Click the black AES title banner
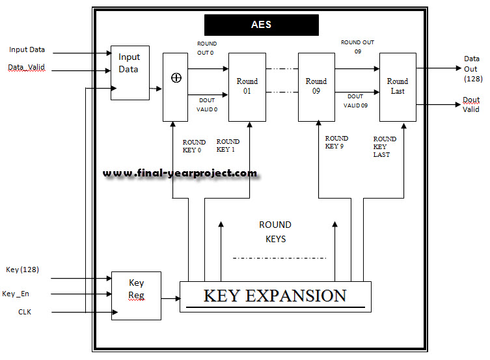point(262,25)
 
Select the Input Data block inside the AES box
point(129,72)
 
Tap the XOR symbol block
point(175,87)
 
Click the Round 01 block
point(247,87)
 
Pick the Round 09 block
point(316,87)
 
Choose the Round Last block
point(398,87)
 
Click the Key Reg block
point(136,296)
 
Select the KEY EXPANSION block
point(275,296)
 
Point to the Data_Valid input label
point(27,68)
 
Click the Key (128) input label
point(23,270)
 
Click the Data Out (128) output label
point(471,68)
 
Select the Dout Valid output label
point(471,105)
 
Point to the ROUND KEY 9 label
point(336,142)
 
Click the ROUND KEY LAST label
point(385,146)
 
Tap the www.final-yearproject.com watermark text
point(180,174)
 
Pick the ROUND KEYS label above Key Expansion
point(275,232)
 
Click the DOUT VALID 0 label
point(207,105)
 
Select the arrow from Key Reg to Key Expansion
point(170,299)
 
